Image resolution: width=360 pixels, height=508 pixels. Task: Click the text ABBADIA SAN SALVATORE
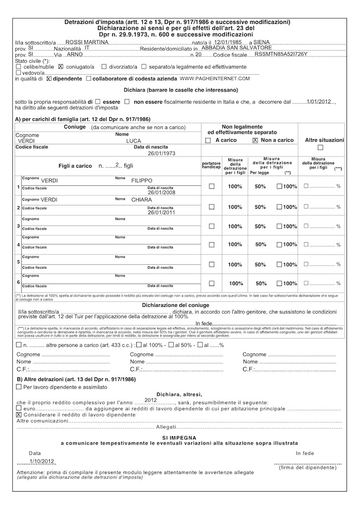229,47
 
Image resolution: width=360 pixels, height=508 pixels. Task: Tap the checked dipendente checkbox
49,79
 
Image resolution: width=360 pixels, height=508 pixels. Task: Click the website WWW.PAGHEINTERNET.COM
215,79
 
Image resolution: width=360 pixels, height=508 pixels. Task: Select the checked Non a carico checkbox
255,140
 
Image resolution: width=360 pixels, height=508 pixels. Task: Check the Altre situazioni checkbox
320,148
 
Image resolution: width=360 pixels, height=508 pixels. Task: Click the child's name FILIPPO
142,180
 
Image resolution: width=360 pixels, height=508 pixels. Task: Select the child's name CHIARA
142,200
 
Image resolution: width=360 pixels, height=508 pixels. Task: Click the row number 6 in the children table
19,282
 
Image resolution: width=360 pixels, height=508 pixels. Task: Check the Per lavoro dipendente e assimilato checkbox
19,387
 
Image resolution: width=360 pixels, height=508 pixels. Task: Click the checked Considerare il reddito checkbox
19,415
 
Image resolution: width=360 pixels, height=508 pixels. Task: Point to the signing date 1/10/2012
42,461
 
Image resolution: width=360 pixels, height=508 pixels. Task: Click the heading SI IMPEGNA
179,437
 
